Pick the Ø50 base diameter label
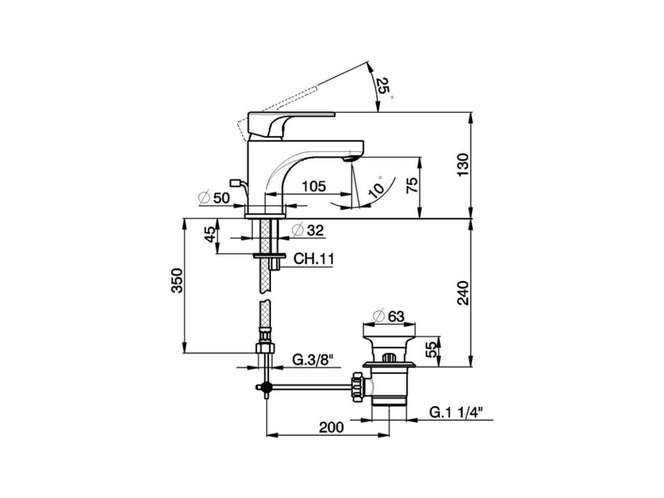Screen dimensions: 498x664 tap(214, 198)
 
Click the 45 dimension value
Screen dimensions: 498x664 tap(210, 234)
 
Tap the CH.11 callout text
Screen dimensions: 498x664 tap(313, 259)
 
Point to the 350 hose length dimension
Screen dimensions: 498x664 tap(177, 281)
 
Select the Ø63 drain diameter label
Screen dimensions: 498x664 tap(389, 316)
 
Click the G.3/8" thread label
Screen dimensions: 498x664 tap(312, 359)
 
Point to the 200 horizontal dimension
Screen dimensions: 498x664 tap(331, 427)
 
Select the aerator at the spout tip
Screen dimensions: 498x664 tap(351, 156)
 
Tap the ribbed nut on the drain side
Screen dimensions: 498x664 tap(357, 387)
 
